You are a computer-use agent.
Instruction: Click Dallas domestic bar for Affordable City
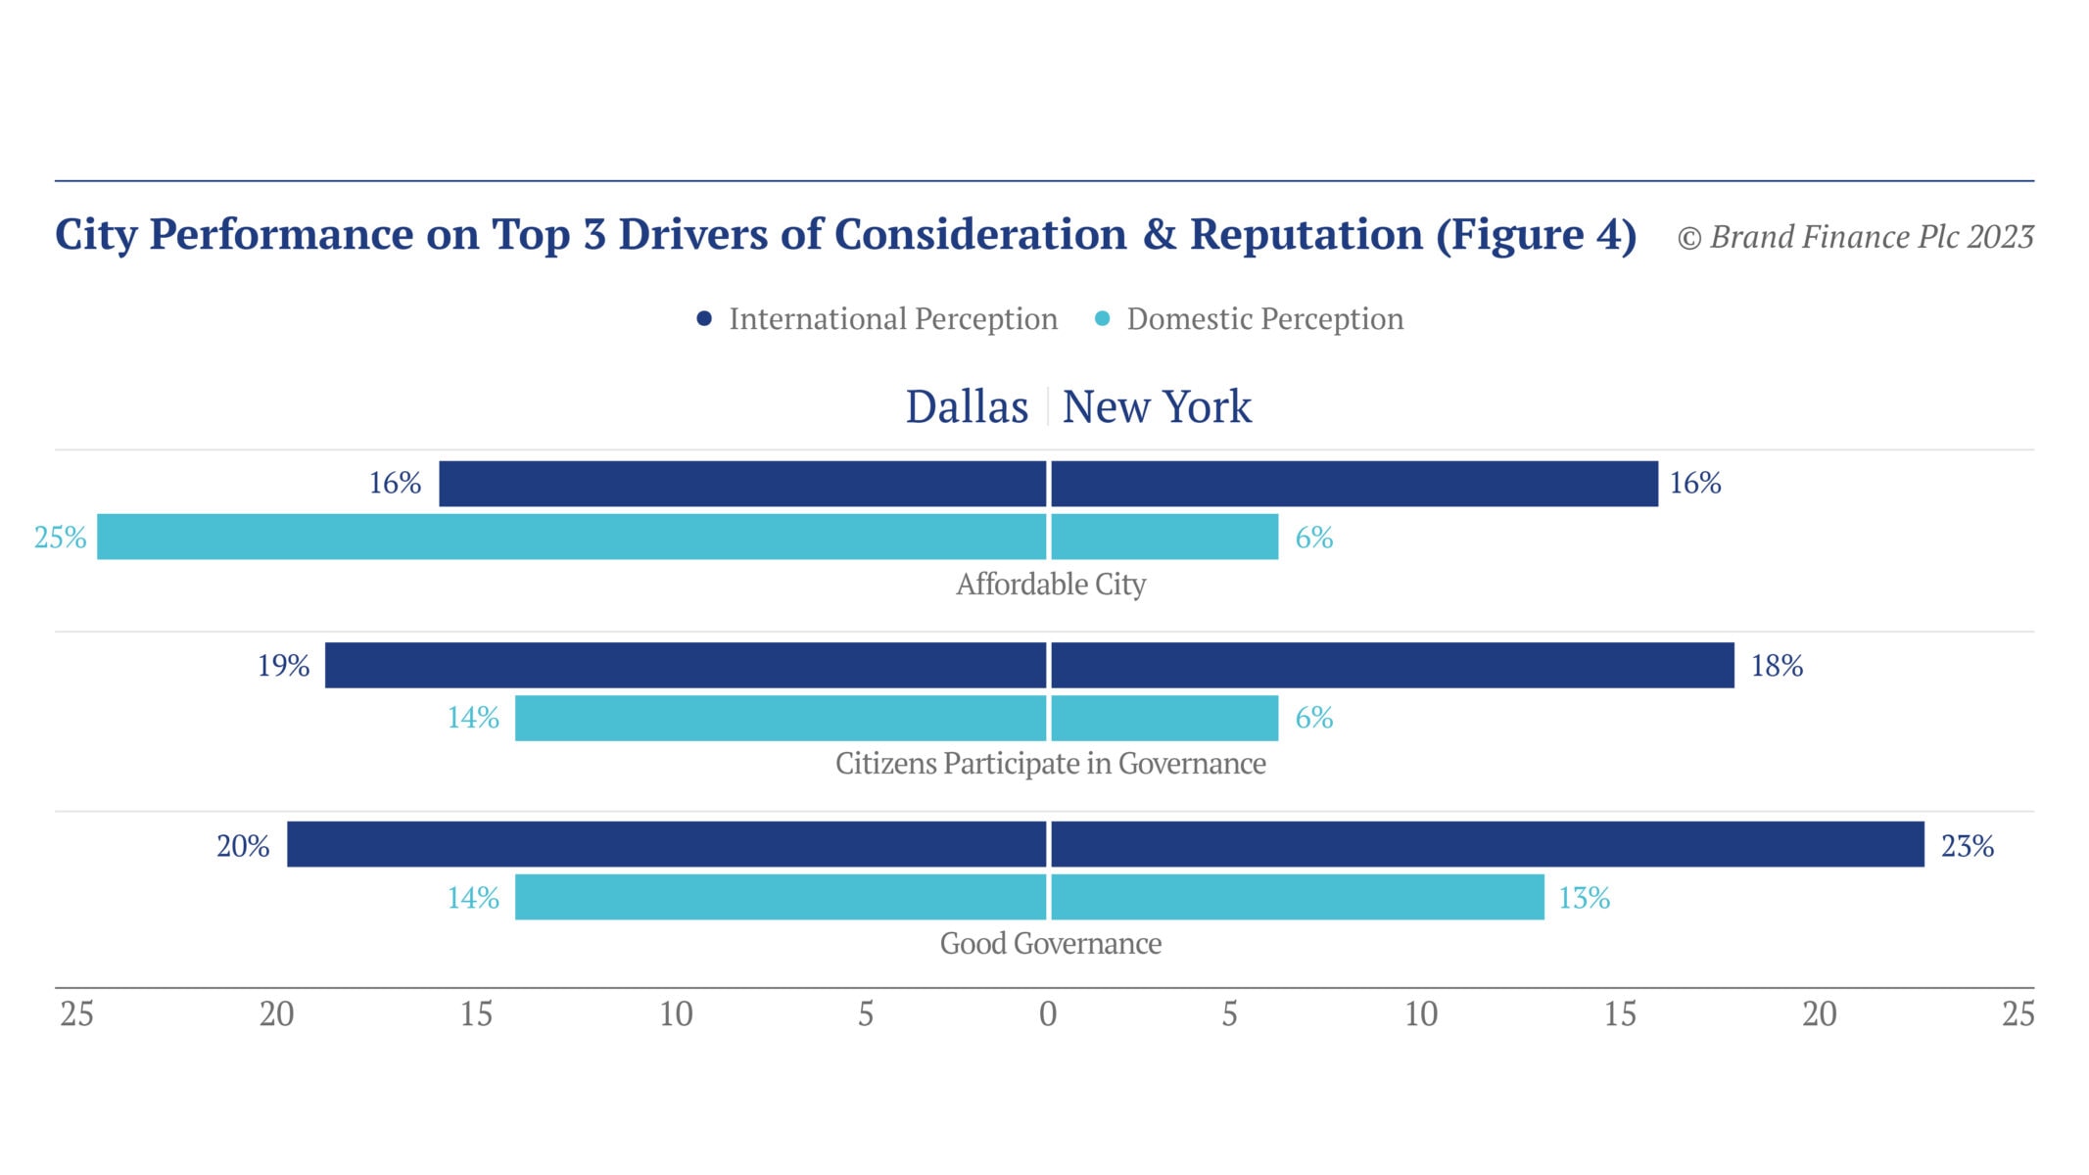572,537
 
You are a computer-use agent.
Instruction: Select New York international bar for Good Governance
1487,844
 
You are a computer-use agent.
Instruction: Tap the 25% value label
60,538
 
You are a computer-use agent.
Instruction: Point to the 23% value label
1967,846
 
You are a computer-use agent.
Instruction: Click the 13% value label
1584,898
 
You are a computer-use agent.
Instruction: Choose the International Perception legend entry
878,319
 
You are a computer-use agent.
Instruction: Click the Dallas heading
966,406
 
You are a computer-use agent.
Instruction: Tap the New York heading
1157,406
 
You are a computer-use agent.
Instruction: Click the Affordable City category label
1050,585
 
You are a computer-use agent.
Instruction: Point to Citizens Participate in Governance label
1050,764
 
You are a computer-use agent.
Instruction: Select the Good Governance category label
1050,944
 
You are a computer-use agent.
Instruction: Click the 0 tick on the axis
1047,1014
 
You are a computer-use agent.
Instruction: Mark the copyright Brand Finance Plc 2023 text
1855,237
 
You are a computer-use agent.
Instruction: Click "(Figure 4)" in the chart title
1536,235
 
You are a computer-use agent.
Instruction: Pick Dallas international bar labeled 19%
686,665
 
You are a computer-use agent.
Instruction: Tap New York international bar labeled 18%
1392,665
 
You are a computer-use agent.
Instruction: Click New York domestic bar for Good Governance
1297,897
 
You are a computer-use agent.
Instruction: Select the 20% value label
243,846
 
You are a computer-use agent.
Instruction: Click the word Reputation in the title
1306,235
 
